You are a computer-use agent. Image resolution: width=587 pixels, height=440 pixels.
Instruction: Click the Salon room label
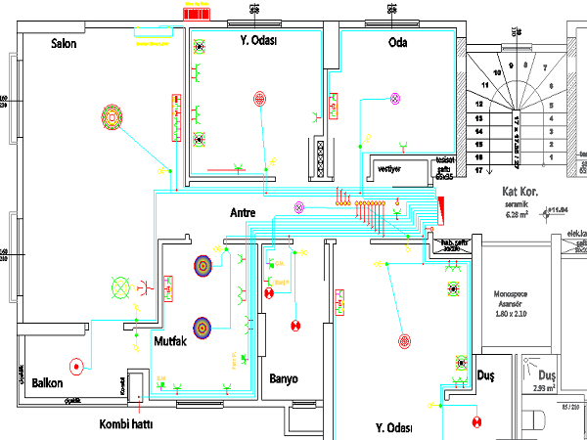(x=64, y=44)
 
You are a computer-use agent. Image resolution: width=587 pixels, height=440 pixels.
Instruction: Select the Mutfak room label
(x=170, y=341)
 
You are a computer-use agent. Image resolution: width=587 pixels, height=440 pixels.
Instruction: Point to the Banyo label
(x=283, y=379)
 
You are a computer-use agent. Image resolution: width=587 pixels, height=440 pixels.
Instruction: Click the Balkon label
(x=48, y=382)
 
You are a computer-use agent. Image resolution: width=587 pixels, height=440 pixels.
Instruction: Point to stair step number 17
(x=479, y=170)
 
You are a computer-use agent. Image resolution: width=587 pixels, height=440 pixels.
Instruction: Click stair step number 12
(x=480, y=104)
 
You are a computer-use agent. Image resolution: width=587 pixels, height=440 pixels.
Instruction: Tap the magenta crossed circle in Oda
(x=395, y=99)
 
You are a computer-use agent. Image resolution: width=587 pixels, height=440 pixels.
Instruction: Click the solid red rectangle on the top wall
(x=196, y=12)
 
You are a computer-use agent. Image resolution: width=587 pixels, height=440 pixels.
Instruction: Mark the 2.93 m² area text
(x=545, y=388)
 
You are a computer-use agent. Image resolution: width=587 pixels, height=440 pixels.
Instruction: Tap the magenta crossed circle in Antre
(x=299, y=206)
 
